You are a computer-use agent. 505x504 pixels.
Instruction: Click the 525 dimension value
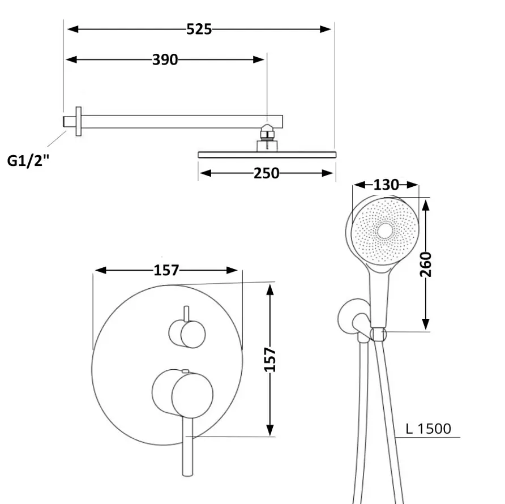(x=199, y=29)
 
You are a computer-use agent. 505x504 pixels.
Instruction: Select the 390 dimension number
(x=165, y=59)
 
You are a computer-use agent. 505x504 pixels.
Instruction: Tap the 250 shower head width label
(x=266, y=173)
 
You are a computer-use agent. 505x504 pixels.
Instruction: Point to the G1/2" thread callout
(x=28, y=160)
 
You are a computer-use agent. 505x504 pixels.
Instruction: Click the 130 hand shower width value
(x=386, y=185)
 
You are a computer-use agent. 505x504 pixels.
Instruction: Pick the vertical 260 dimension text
(x=425, y=264)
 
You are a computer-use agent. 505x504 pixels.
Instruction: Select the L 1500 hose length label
(x=429, y=429)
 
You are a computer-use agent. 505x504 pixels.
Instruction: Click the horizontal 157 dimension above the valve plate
(x=166, y=270)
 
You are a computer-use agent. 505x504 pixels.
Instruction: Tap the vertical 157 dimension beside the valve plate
(x=270, y=360)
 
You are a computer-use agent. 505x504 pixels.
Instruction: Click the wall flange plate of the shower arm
(x=78, y=122)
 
